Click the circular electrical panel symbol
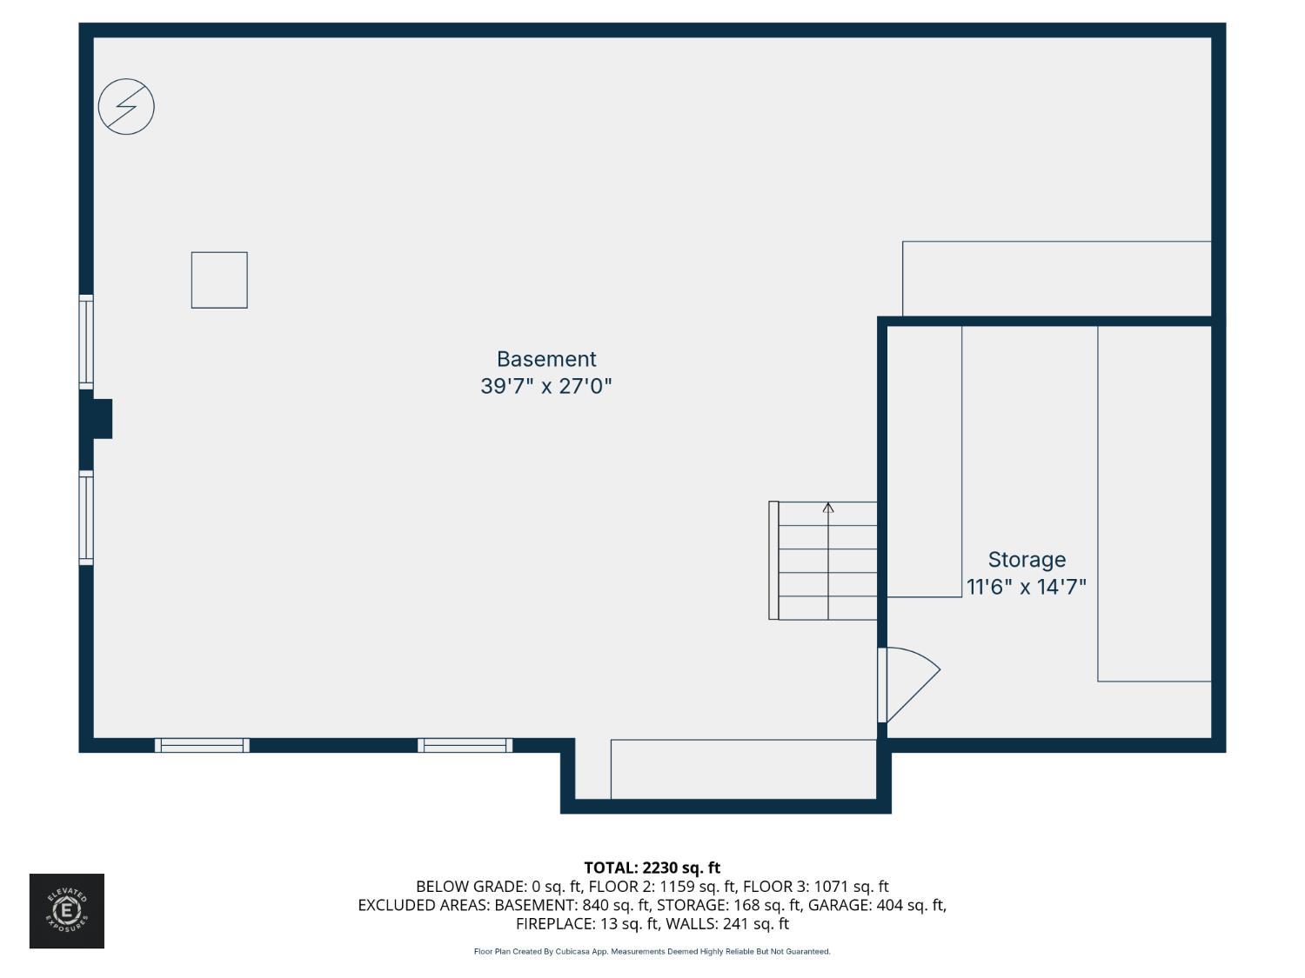(126, 107)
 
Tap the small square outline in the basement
(219, 280)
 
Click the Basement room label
(546, 359)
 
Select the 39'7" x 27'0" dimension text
(546, 386)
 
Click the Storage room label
(1027, 560)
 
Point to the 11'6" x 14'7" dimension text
(1027, 587)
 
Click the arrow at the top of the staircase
(828, 508)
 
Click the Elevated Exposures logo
(67, 911)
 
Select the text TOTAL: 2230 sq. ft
(652, 868)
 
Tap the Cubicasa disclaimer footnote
(652, 952)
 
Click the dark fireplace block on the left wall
(101, 419)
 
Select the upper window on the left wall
(86, 342)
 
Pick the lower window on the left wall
(86, 518)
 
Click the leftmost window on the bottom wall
(202, 745)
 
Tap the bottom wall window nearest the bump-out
(465, 745)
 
